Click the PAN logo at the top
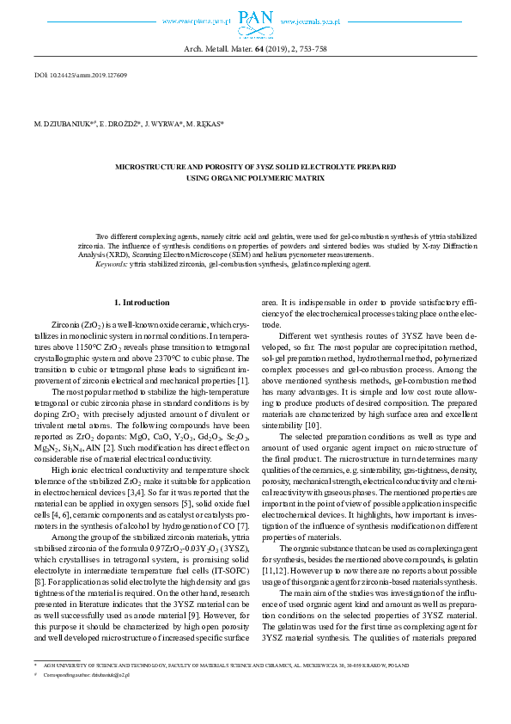(255, 20)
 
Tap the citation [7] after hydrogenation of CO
(244, 501)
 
